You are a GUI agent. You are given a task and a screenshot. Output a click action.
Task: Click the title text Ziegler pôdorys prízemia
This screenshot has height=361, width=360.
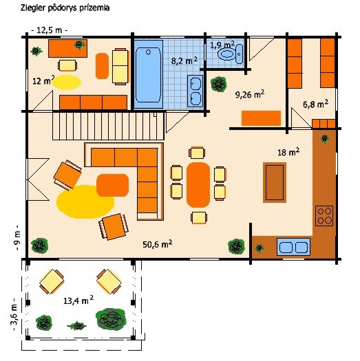click(65, 8)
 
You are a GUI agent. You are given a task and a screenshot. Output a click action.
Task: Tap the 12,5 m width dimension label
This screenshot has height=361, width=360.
click(50, 30)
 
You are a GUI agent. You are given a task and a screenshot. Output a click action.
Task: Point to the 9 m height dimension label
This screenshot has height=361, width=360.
click(18, 239)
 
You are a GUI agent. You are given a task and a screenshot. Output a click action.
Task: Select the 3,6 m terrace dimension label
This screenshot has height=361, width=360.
click(14, 315)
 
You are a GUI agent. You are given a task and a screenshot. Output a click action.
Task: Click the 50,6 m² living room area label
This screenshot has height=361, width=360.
click(157, 244)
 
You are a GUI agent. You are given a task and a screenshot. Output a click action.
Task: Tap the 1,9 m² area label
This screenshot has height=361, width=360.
click(222, 45)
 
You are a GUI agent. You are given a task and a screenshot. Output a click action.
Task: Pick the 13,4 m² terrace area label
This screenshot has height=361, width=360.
click(78, 300)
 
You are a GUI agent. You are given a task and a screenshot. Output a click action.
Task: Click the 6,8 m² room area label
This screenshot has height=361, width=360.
click(315, 104)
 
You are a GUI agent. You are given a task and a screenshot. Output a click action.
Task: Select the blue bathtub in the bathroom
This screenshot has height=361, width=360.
click(149, 74)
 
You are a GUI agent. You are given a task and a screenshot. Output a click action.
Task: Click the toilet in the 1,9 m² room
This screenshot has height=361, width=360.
click(229, 54)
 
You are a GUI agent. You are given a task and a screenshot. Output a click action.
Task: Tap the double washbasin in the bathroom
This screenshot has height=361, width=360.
click(195, 91)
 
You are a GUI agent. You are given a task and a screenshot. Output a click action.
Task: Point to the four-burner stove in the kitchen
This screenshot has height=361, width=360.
click(324, 215)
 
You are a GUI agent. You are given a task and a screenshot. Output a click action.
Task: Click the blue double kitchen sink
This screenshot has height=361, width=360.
click(293, 247)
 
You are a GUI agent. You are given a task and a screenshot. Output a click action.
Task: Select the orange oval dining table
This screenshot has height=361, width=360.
click(198, 185)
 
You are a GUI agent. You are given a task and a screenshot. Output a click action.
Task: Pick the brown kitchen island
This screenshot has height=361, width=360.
click(275, 182)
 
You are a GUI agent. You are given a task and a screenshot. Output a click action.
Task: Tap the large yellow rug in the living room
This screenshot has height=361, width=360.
click(85, 202)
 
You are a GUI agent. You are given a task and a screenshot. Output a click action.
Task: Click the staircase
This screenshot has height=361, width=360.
click(108, 126)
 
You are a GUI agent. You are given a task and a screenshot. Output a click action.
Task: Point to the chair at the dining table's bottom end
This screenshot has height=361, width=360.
click(199, 217)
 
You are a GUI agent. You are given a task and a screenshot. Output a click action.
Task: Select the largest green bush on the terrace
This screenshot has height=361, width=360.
click(111, 319)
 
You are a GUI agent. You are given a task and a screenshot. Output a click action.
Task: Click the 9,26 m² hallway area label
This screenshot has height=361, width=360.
click(250, 94)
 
